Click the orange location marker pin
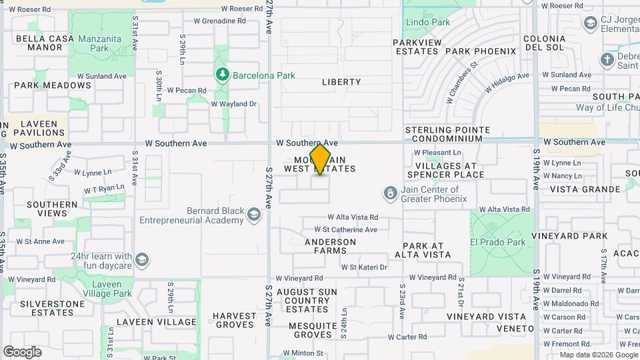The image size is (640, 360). (321, 159)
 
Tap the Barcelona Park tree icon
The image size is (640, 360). (223, 75)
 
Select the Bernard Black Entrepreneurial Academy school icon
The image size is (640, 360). (253, 215)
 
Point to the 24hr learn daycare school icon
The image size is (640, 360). (142, 259)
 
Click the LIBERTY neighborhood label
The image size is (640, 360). (341, 82)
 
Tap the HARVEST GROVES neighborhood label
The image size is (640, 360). (235, 320)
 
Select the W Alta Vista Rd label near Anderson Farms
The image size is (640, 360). (353, 217)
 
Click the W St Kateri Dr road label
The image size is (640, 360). (364, 267)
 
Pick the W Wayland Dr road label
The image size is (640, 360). (233, 104)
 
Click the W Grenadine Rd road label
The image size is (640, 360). (220, 21)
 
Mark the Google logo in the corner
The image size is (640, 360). (22, 352)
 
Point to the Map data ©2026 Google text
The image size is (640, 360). (598, 355)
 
